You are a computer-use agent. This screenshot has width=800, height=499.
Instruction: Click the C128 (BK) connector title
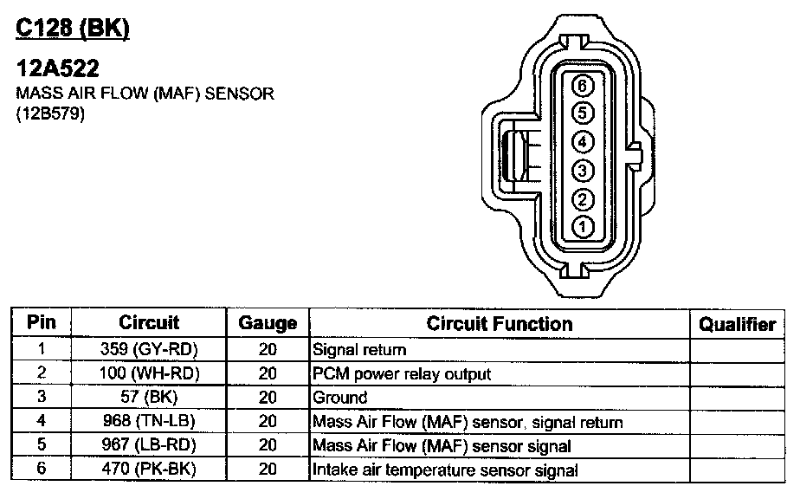(x=73, y=28)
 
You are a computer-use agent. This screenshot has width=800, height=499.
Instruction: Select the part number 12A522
(x=57, y=68)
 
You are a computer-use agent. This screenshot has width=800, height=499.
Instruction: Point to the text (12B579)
(x=50, y=113)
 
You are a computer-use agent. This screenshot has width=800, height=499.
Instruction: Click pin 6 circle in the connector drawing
(x=583, y=86)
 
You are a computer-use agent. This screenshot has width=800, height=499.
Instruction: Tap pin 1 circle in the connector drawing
(x=583, y=227)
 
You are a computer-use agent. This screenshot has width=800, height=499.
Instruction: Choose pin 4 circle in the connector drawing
(x=583, y=141)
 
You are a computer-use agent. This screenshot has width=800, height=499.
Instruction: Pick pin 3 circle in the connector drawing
(x=583, y=171)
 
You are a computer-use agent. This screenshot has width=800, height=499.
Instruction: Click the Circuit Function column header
(x=500, y=323)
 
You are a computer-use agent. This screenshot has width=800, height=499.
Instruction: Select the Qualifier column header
(x=738, y=324)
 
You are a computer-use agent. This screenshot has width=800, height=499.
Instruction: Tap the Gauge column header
(x=268, y=323)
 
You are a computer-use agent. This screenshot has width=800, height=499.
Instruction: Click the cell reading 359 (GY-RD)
(x=149, y=349)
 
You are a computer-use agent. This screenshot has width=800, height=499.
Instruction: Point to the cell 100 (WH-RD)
(x=149, y=373)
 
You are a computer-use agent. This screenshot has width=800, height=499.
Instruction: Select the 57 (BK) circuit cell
(x=149, y=396)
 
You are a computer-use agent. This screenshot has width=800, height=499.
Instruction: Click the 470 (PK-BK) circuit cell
(x=149, y=469)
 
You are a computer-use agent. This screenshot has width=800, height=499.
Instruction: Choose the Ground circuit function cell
(x=339, y=398)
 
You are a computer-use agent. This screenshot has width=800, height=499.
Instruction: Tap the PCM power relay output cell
(x=402, y=374)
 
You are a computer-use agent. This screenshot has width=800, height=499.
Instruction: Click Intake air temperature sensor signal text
(x=445, y=470)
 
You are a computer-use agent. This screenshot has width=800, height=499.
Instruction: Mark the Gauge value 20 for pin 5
(x=268, y=445)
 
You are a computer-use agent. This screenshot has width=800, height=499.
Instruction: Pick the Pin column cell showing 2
(x=42, y=373)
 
